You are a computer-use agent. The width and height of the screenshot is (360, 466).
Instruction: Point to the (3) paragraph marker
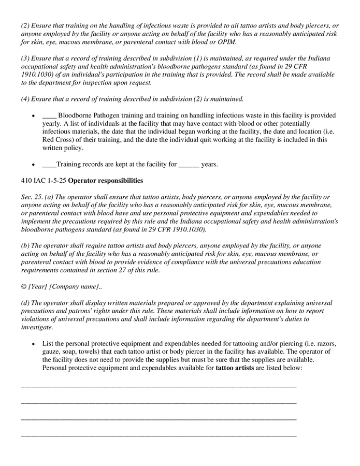tap(25, 58)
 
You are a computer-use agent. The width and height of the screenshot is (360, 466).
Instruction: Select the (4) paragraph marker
tap(25, 99)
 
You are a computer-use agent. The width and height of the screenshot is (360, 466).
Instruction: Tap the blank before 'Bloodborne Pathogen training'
tap(49, 115)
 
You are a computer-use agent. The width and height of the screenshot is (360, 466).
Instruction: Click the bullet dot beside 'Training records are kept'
tap(34, 165)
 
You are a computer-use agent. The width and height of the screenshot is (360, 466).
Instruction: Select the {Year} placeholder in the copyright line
tap(37, 286)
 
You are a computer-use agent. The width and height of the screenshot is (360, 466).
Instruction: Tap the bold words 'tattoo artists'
tap(235, 368)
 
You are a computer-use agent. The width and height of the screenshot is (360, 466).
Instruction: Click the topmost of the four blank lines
tap(159, 386)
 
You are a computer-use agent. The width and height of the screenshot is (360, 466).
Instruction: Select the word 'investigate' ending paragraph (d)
tap(37, 327)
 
